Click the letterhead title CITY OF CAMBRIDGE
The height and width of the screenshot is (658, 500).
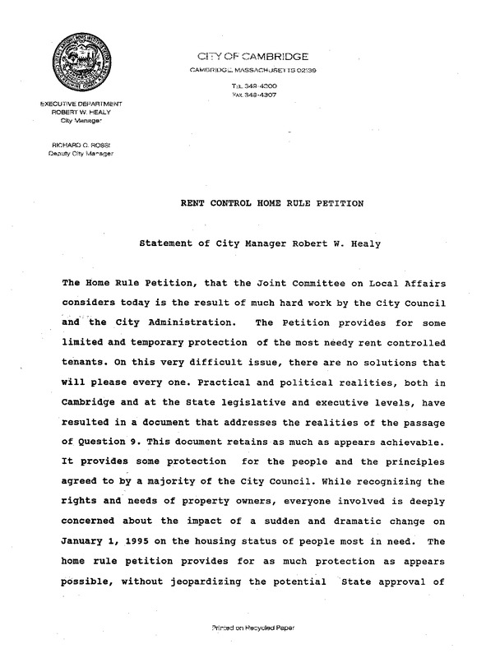[x=252, y=57]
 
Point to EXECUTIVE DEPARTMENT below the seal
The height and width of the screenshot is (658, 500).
[x=75, y=103]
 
